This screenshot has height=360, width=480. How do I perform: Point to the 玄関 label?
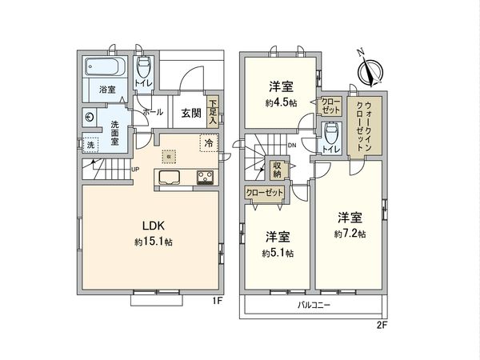pos(190,113)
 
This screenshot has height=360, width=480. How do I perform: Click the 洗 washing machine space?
pos(90,146)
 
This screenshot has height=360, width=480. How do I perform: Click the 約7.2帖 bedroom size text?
pos(350,233)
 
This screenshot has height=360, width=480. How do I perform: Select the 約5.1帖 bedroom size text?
pos(277,253)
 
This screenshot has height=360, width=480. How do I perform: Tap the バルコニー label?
pos(314,306)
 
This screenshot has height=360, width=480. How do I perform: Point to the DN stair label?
pos(292,145)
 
